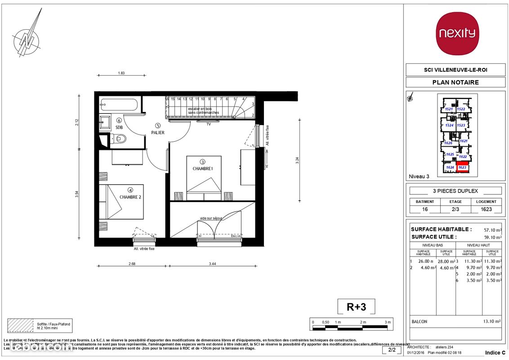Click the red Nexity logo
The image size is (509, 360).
click(x=458, y=34)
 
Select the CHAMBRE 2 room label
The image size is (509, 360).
click(x=131, y=197)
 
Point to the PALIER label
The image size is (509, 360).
click(x=158, y=132)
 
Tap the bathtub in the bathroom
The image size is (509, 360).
click(x=119, y=104)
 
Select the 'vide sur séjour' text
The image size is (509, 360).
click(x=211, y=218)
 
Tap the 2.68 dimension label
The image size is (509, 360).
click(x=132, y=264)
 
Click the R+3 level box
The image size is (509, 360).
click(x=356, y=307)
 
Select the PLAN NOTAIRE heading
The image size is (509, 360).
click(x=455, y=82)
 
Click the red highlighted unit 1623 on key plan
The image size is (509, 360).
click(x=462, y=167)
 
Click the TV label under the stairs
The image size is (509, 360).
click(x=208, y=124)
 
